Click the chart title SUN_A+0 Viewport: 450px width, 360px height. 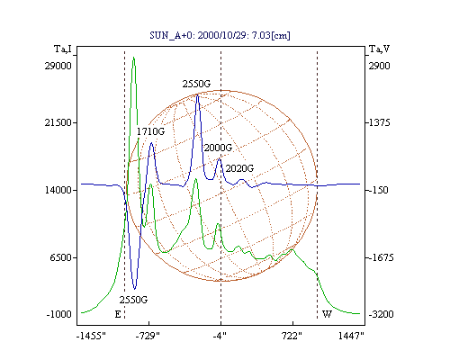pyautogui.click(x=169, y=35)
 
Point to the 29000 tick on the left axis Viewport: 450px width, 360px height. pyautogui.click(x=58, y=66)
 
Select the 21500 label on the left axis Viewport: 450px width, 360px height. pyautogui.click(x=58, y=122)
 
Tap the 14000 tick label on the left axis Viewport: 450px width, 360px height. pyautogui.click(x=58, y=190)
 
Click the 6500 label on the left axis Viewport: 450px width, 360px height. pyautogui.click(x=61, y=257)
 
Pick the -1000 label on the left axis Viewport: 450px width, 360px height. pyautogui.click(x=59, y=314)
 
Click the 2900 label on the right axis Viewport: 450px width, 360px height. pyautogui.click(x=380, y=66)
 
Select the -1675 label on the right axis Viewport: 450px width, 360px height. pyautogui.click(x=381, y=257)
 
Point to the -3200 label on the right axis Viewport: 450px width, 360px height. pyautogui.click(x=381, y=314)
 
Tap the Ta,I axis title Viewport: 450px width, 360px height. pyautogui.click(x=63, y=49)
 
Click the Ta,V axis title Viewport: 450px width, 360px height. pyautogui.click(x=379, y=49)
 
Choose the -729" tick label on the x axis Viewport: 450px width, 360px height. pyautogui.click(x=148, y=336)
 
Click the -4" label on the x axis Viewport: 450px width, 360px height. pyautogui.click(x=220, y=336)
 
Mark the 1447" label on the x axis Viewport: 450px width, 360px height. pyautogui.click(x=351, y=336)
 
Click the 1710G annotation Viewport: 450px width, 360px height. pyautogui.click(x=150, y=131)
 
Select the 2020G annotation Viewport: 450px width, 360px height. pyautogui.click(x=239, y=168)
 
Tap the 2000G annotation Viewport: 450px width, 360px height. pyautogui.click(x=218, y=148)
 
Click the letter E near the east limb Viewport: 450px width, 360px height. pyautogui.click(x=118, y=314)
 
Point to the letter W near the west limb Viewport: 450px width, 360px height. pyautogui.click(x=327, y=314)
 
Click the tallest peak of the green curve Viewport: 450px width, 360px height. pyautogui.click(x=134, y=58)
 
